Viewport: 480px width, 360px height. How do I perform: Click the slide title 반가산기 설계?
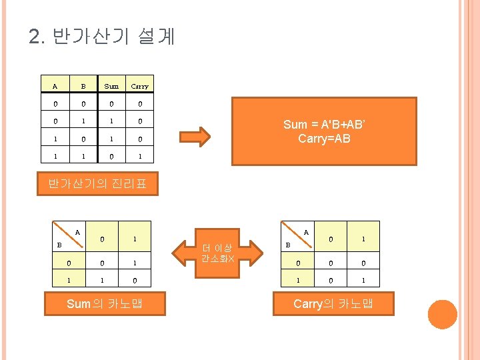click(x=102, y=36)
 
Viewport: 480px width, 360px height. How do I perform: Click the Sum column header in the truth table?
click(x=111, y=86)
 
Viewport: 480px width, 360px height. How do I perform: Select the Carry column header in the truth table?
click(x=140, y=86)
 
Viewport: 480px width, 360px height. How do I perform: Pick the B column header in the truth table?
click(x=83, y=86)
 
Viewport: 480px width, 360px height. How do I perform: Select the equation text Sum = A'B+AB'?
click(x=324, y=125)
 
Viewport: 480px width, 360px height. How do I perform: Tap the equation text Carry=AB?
click(x=324, y=139)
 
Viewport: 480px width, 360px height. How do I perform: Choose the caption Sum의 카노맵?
click(x=105, y=304)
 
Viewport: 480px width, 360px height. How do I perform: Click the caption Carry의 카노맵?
click(x=333, y=304)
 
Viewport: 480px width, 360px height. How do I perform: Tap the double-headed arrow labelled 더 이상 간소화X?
click(x=217, y=252)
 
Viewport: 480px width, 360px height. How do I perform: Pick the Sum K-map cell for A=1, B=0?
click(x=135, y=263)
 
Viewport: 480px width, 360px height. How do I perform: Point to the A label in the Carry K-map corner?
click(x=306, y=232)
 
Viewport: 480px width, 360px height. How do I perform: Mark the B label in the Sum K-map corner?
click(x=59, y=245)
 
